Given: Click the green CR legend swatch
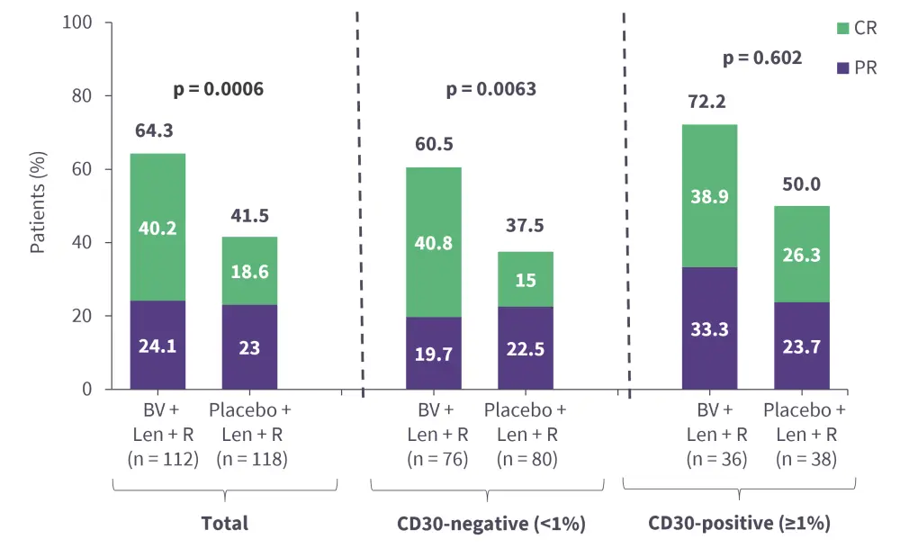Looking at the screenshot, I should (x=842, y=28).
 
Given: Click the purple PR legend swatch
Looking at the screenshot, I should (x=842, y=67).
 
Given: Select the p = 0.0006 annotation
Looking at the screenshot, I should (x=218, y=89).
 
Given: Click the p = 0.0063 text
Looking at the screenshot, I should (x=491, y=89).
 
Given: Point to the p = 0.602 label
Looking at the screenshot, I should (x=762, y=58).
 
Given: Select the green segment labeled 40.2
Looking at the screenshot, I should (x=158, y=227).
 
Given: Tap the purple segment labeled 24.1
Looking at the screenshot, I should (x=158, y=346).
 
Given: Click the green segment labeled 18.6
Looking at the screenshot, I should (x=249, y=271).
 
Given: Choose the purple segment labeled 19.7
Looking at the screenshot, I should (x=433, y=353).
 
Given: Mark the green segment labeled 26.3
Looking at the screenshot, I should (x=800, y=254).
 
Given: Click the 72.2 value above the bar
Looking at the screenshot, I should (x=707, y=103).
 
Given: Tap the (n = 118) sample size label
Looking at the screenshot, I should (x=250, y=460).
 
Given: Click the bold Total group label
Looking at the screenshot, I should (x=224, y=523).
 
